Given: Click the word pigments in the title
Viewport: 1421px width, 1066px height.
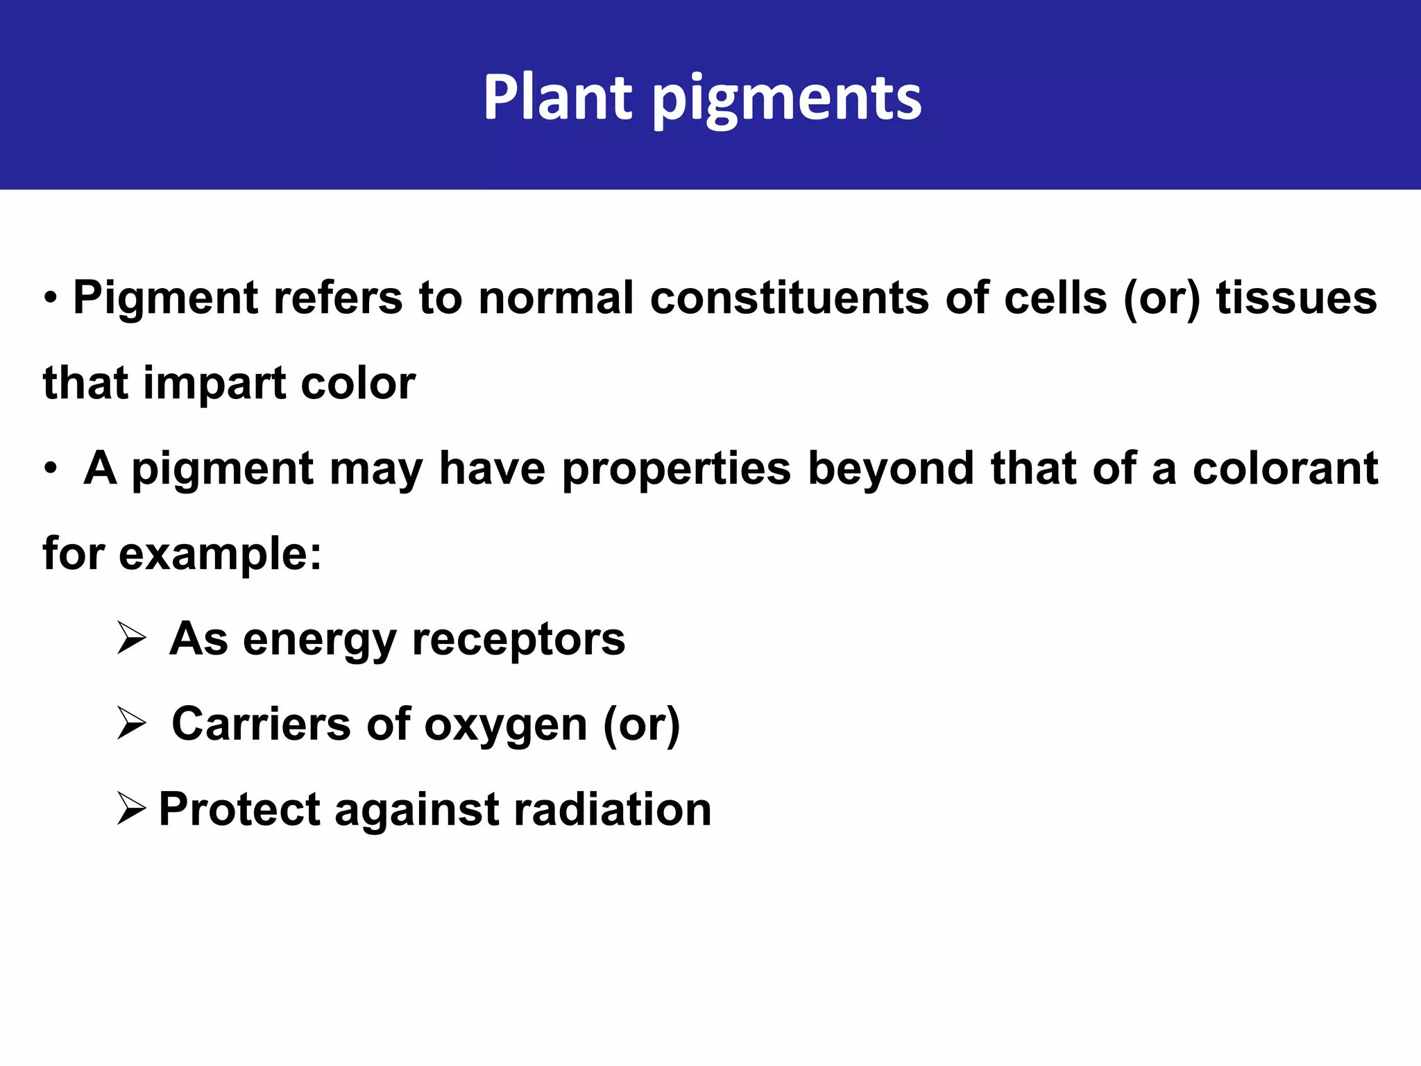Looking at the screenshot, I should click(787, 101).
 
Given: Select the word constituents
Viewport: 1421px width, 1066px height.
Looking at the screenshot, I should click(789, 298).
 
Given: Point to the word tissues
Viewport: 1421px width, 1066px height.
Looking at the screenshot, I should click(1296, 298).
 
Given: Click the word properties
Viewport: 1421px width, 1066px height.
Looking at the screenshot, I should click(676, 470).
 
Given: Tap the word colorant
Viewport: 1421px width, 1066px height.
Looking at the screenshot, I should click(1285, 468).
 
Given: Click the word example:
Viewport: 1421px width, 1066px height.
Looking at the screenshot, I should click(220, 555).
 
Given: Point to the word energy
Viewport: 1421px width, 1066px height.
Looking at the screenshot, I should click(319, 641).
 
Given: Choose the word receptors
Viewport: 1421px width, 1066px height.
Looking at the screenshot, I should click(518, 639).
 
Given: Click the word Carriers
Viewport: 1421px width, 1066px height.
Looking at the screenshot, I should click(261, 725).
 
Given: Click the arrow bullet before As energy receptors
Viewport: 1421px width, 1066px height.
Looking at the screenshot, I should click(131, 638).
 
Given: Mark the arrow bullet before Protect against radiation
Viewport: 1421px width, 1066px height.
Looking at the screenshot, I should click(131, 809).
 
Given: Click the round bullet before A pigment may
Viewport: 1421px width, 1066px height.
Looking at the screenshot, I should click(50, 469).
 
